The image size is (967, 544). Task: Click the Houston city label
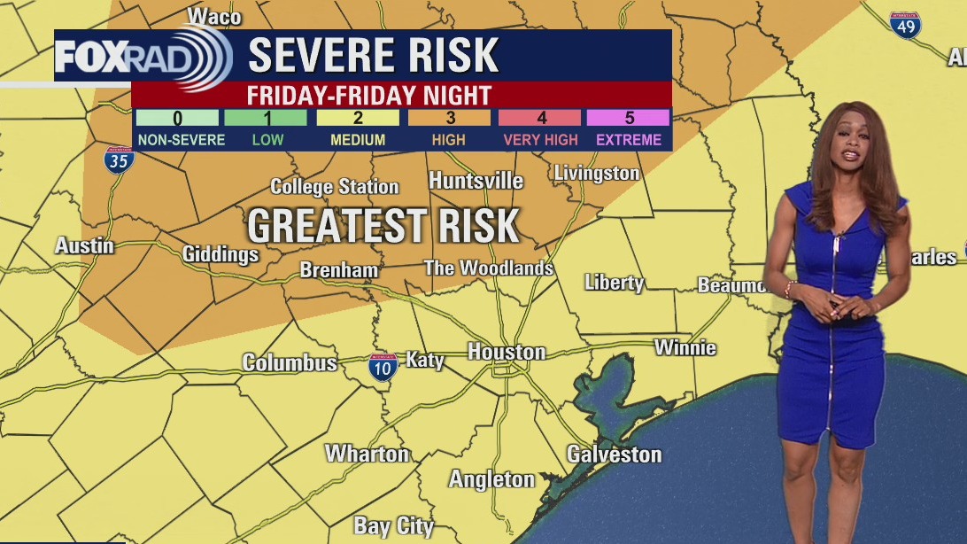pos(506,352)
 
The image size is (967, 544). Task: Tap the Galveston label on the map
pos(614,455)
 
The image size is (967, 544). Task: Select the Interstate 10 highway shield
pos(383,367)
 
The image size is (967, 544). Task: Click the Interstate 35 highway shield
pos(119,159)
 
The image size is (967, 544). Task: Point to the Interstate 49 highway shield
pos(905,25)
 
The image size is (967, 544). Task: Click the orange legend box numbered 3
pos(449,118)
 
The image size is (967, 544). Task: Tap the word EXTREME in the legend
pos(629,139)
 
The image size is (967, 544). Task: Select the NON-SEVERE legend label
pos(182,139)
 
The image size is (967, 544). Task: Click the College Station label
pos(334,187)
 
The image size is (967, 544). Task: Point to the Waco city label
pos(214,16)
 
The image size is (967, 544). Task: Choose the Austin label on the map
pos(84,245)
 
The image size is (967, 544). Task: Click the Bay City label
pos(393,526)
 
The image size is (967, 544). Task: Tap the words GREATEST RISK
pos(383,226)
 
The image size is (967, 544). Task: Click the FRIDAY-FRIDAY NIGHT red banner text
pos(369,94)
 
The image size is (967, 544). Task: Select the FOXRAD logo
pos(142,57)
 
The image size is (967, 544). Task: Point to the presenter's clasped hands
pos(838,308)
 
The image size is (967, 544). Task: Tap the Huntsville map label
pos(476,181)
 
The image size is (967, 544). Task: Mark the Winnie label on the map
pos(685,346)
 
